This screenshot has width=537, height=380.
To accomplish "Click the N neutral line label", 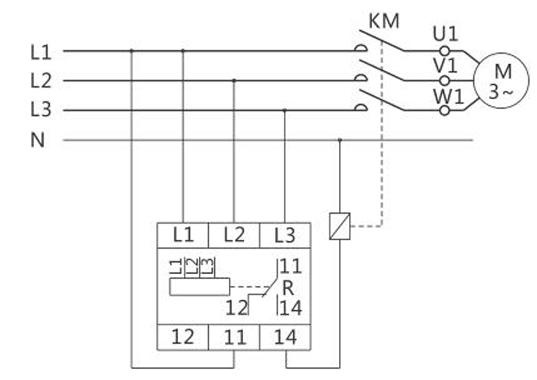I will click(x=37, y=141).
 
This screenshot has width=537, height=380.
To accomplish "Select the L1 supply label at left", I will click(x=41, y=51).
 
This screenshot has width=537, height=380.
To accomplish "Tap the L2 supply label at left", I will click(x=41, y=81).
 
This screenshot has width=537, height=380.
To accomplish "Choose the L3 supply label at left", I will click(x=41, y=111).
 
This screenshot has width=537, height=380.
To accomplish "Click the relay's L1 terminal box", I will click(x=183, y=235).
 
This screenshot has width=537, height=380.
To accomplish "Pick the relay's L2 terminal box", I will click(x=234, y=235).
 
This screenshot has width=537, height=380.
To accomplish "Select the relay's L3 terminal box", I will click(x=285, y=235).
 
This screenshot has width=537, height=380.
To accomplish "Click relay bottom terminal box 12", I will click(x=183, y=336).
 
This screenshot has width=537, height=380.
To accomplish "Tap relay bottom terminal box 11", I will click(x=234, y=336).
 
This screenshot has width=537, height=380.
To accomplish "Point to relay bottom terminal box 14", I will click(x=285, y=336).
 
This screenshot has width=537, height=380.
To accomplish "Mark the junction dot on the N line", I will click(x=340, y=141).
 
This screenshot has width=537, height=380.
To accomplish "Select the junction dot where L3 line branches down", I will click(x=285, y=111).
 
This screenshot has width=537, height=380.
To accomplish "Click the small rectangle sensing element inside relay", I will click(x=199, y=287).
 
